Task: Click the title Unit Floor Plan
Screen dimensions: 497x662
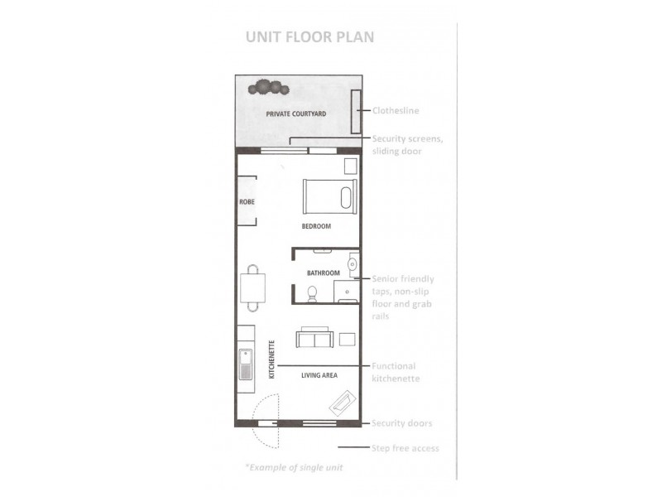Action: pyautogui.click(x=309, y=36)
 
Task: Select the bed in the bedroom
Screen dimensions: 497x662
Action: pyautogui.click(x=328, y=196)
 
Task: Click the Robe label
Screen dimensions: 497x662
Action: pyautogui.click(x=246, y=201)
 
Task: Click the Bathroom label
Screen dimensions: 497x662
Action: pyautogui.click(x=323, y=273)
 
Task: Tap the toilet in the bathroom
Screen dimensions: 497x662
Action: pyautogui.click(x=312, y=292)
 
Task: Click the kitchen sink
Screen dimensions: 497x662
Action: pyautogui.click(x=247, y=364)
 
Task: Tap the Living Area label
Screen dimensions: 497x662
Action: pyautogui.click(x=319, y=375)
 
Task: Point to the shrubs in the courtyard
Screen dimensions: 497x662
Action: pyautogui.click(x=270, y=86)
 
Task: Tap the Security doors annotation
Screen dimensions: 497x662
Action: pyautogui.click(x=402, y=423)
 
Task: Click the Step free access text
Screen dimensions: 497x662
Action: pyautogui.click(x=405, y=448)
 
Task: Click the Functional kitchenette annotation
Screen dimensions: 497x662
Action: pyautogui.click(x=395, y=372)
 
